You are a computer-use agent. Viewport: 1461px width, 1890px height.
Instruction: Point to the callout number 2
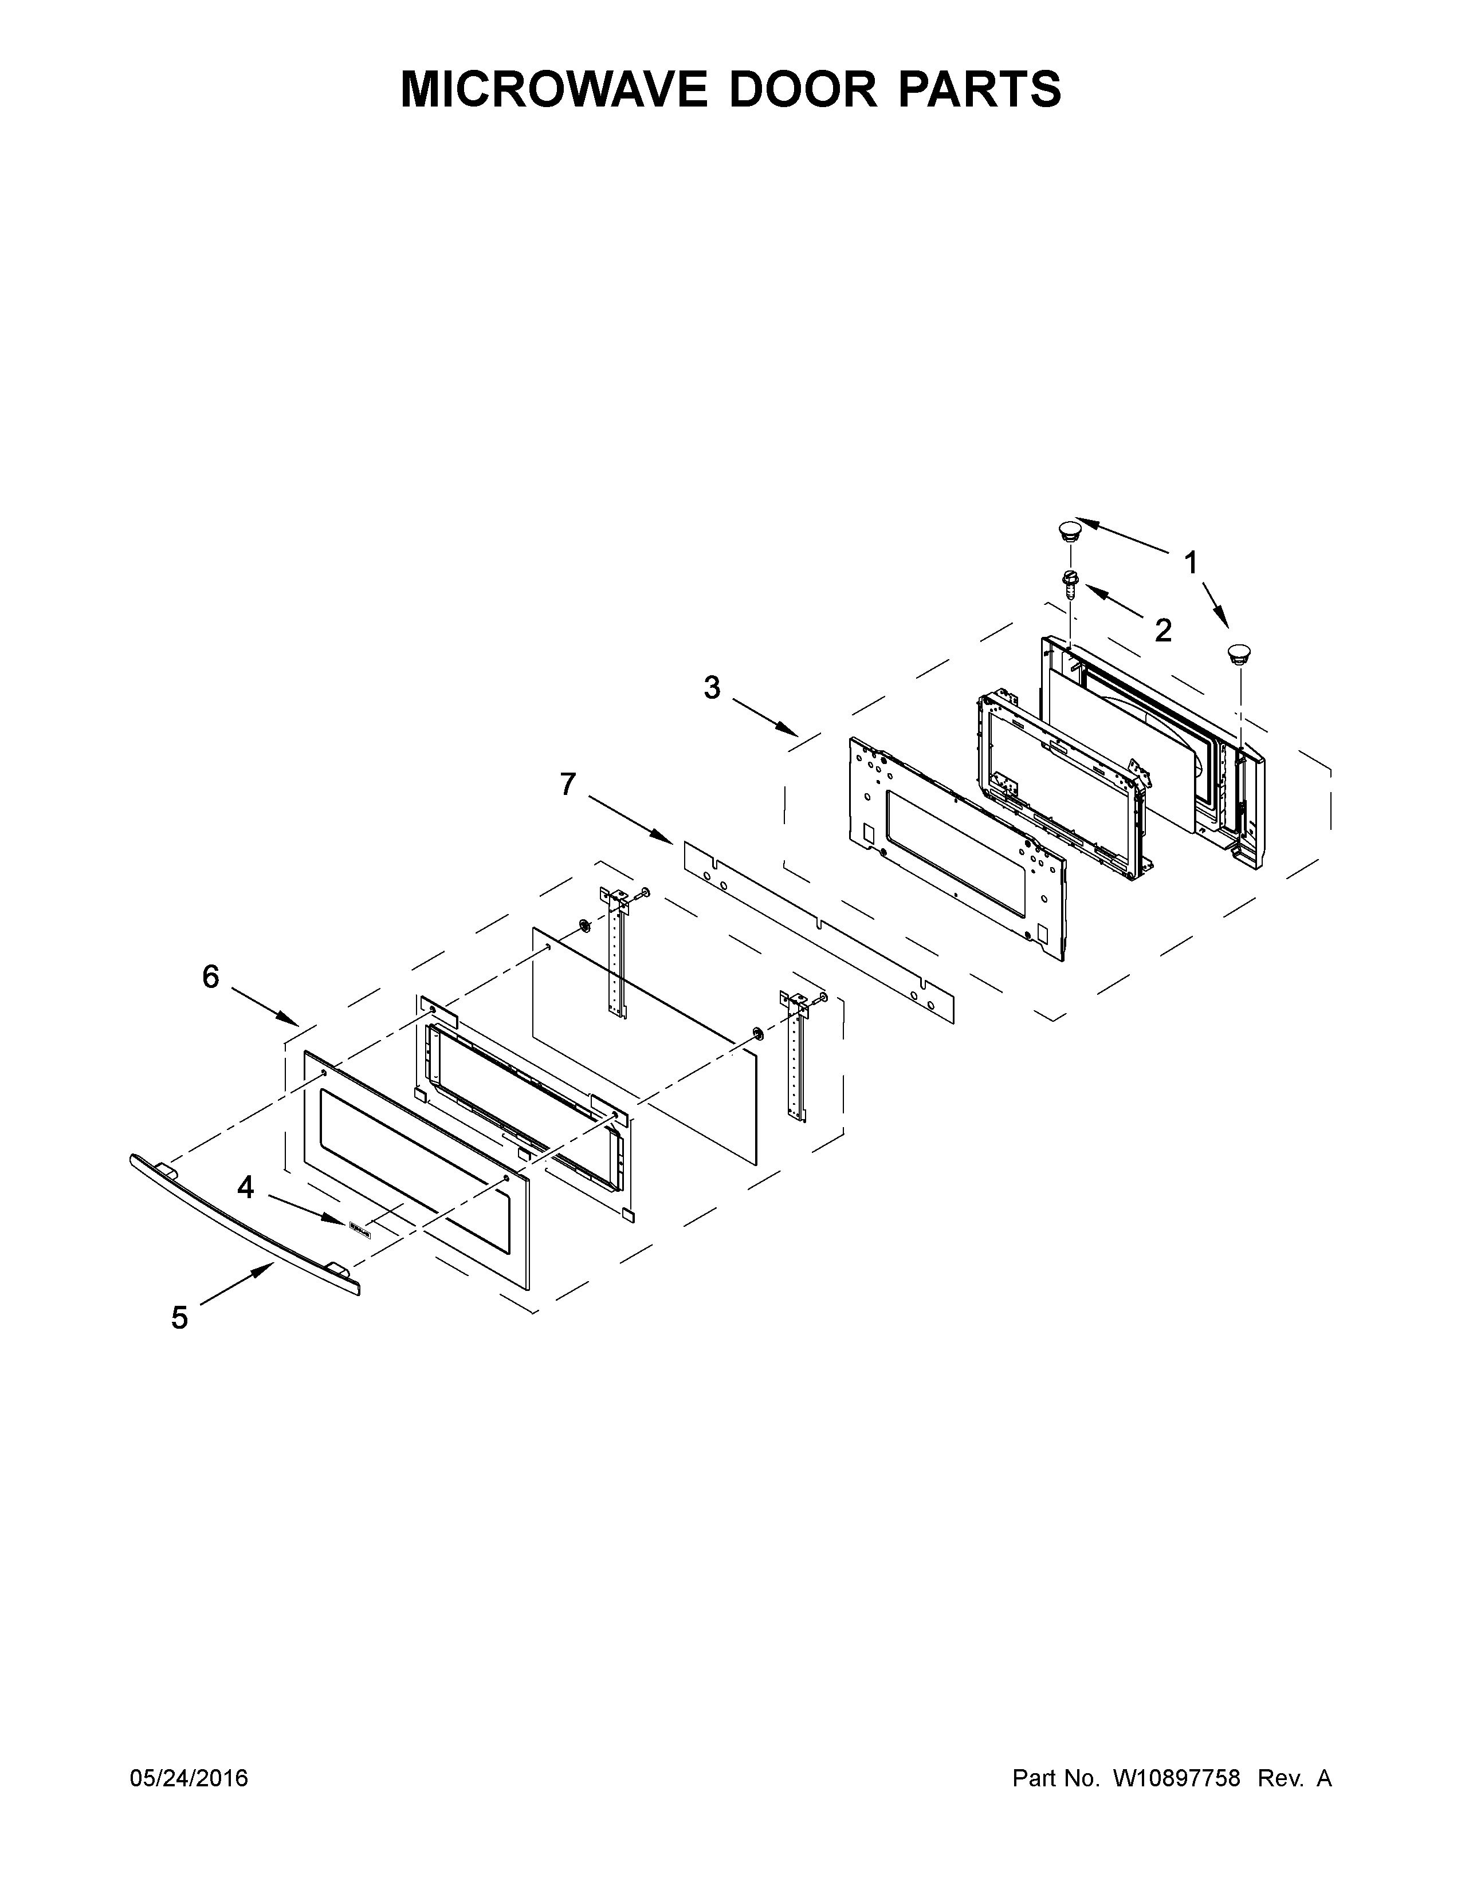coord(1163,630)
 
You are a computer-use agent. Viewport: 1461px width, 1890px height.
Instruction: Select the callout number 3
coord(712,688)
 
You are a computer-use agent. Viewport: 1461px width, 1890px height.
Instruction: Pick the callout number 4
coord(246,1187)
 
